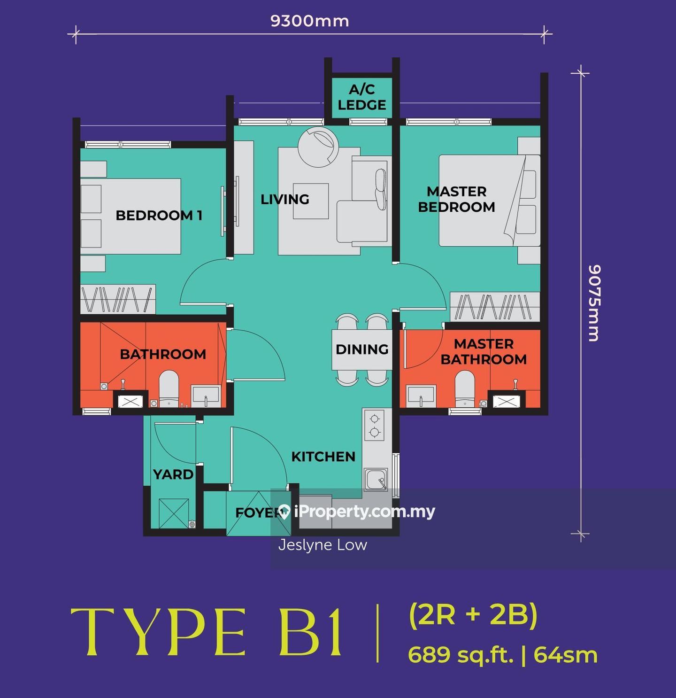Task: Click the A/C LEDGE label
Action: tap(362, 97)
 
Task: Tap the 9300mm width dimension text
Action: tap(310, 21)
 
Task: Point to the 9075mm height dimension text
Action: tap(595, 303)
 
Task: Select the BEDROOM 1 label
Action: tap(159, 215)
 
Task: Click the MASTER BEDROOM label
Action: tap(456, 199)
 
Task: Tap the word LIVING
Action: tap(285, 199)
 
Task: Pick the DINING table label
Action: tap(362, 349)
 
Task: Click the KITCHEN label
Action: tap(323, 457)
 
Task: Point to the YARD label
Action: tap(173, 474)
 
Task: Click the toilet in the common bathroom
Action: tap(169, 389)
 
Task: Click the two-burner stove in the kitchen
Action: tap(374, 426)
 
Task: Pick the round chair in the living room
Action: tap(318, 147)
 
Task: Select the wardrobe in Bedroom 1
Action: tap(117, 299)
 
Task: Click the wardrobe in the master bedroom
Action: tap(495, 306)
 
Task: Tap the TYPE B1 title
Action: tap(206, 634)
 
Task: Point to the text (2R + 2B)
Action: tap(474, 614)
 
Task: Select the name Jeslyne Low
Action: tap(323, 545)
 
